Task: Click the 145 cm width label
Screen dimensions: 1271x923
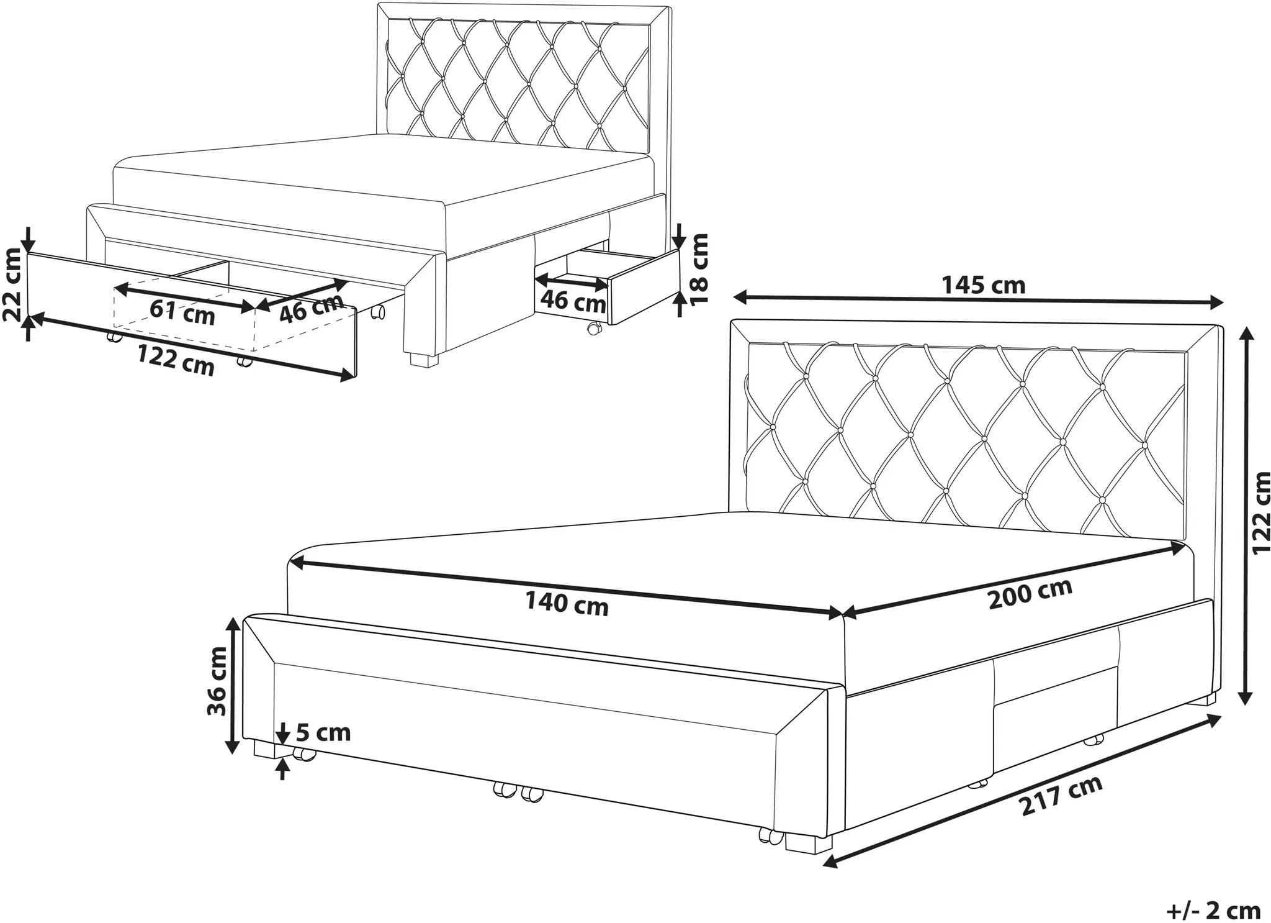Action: click(x=984, y=285)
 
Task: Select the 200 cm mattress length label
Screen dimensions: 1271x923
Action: click(x=1030, y=593)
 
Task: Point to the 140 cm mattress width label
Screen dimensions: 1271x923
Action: click(x=567, y=604)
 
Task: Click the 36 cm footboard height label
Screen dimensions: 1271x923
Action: click(x=218, y=680)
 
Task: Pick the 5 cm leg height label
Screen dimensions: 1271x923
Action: click(x=323, y=733)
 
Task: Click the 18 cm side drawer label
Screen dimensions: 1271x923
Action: click(x=699, y=269)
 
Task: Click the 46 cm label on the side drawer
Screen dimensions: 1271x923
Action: click(x=573, y=302)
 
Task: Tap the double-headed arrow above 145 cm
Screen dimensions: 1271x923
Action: click(x=977, y=301)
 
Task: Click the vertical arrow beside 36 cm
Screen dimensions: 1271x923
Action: click(x=233, y=685)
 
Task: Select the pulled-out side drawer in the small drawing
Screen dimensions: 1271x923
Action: click(x=608, y=285)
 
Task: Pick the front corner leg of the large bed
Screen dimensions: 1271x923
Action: click(x=808, y=843)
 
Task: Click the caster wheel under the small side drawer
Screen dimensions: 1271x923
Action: click(x=594, y=328)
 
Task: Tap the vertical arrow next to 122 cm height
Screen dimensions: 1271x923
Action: click(x=1243, y=516)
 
